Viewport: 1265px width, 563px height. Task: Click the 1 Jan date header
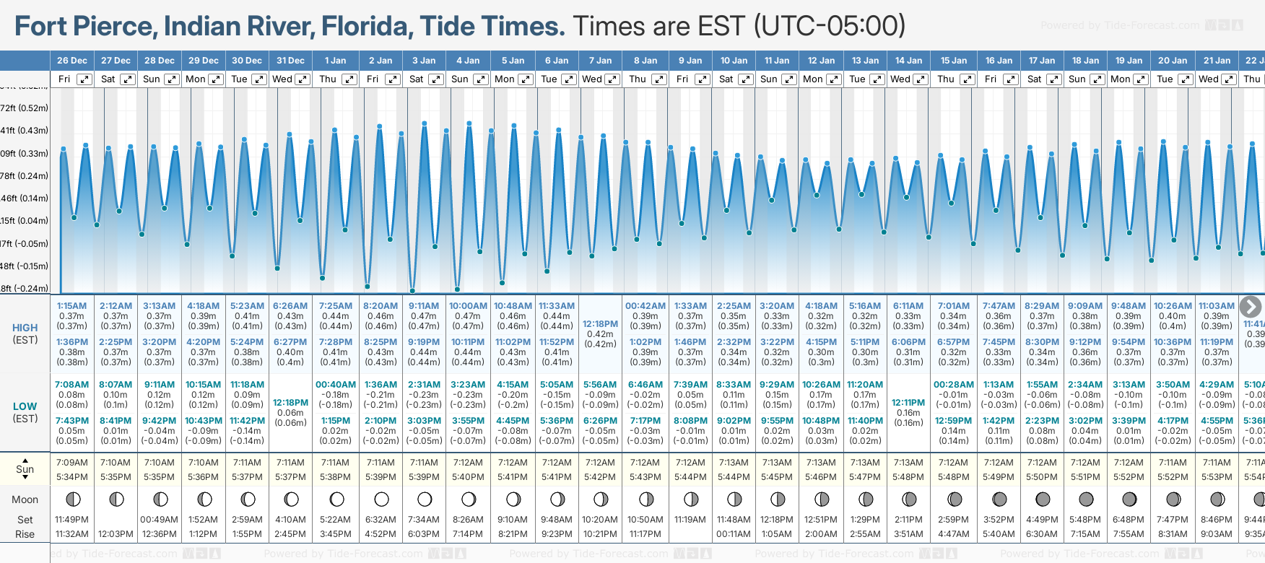pos(335,61)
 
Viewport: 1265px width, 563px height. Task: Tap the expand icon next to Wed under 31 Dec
pos(303,79)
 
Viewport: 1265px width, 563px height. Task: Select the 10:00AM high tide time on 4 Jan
pos(468,306)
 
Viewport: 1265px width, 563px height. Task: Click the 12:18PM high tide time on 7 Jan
pos(600,324)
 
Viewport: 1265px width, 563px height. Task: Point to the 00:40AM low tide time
pos(336,385)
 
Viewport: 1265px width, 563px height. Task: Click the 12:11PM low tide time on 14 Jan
pos(908,403)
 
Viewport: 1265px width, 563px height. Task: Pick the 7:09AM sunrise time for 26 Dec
pos(71,463)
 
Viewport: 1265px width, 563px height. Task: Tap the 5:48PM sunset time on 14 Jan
pos(908,477)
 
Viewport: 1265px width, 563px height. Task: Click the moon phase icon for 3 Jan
pos(425,499)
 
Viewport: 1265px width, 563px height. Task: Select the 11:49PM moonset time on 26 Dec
pos(71,520)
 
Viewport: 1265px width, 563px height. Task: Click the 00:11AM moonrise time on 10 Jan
pos(734,534)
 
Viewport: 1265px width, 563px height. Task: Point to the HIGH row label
pos(25,328)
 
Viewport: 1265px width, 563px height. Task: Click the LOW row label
pos(25,406)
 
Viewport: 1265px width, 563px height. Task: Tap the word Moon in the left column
pos(25,499)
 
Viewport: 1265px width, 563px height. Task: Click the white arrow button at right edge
pos(1250,307)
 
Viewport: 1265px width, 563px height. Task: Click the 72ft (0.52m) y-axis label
pos(25,108)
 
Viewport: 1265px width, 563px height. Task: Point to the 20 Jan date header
pos(1173,61)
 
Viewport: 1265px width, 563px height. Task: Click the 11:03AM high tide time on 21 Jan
pos(1217,306)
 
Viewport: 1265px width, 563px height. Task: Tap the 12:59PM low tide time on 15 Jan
pos(953,421)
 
